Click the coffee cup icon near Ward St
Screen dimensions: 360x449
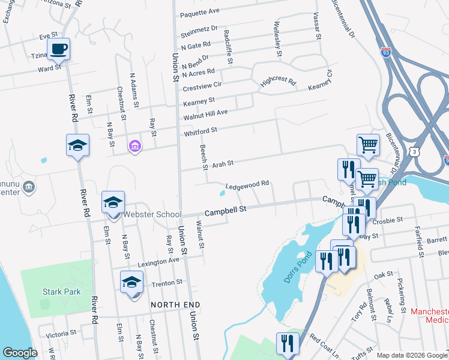[58, 49]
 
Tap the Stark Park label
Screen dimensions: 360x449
[61, 292]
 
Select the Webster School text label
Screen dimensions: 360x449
[152, 215]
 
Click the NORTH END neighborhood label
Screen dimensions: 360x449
[175, 305]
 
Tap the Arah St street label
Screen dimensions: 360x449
[220, 163]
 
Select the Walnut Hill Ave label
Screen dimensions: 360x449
[205, 113]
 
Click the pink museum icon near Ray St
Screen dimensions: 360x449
[135, 146]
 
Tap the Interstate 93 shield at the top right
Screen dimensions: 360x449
[385, 52]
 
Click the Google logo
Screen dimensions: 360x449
[20, 353]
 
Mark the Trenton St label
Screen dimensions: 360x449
[170, 282]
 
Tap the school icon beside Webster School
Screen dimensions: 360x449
[112, 203]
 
